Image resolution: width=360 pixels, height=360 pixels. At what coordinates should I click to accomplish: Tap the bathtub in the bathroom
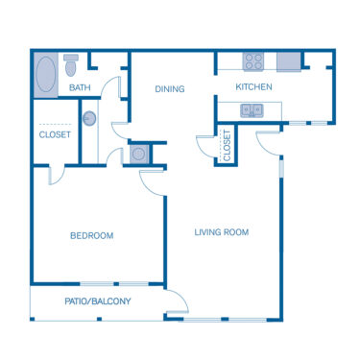click(45, 75)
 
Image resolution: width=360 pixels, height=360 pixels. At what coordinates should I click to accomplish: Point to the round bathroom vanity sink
click(89, 119)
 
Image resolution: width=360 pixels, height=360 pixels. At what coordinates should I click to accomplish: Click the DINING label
click(171, 89)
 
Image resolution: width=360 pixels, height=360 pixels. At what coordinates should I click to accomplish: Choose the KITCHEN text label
click(254, 87)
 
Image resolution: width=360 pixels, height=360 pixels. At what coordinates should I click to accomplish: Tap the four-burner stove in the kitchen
click(253, 61)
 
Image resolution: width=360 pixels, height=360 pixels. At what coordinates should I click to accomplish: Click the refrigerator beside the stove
click(288, 61)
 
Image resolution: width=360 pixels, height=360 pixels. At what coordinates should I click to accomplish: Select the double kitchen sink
click(252, 110)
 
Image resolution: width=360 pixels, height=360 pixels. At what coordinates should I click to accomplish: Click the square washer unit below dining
click(138, 153)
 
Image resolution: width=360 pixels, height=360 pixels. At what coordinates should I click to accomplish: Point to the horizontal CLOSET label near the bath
click(55, 135)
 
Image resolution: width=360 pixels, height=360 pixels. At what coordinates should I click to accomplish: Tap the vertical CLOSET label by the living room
click(228, 145)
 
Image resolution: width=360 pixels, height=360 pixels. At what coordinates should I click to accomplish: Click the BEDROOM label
click(92, 235)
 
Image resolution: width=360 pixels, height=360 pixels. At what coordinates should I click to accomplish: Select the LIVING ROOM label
click(222, 231)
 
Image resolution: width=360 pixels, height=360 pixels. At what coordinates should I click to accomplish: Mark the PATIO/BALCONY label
click(98, 301)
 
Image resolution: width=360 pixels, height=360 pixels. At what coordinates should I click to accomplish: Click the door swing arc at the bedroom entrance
click(154, 181)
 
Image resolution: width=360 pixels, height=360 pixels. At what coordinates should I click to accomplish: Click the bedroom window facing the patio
click(113, 284)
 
